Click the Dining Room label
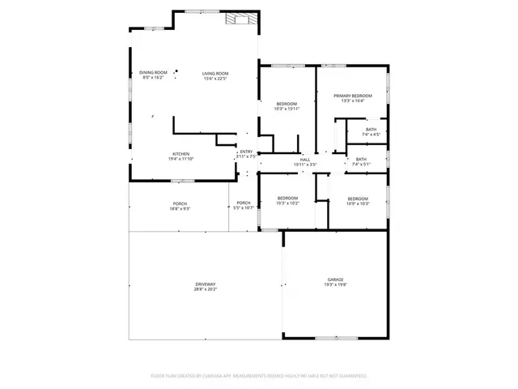click(x=153, y=73)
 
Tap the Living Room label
click(x=215, y=73)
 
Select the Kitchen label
click(x=180, y=154)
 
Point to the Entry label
click(x=246, y=152)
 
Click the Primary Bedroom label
click(x=353, y=96)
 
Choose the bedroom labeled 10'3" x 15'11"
click(x=287, y=104)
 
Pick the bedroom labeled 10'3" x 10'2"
click(x=288, y=199)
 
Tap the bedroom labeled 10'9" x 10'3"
click(x=358, y=199)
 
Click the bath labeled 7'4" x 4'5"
click(x=371, y=129)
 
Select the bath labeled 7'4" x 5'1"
click(x=361, y=159)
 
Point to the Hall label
click(x=305, y=160)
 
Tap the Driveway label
click(x=205, y=284)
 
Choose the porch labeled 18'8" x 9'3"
click(x=180, y=203)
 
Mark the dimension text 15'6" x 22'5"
click(x=215, y=79)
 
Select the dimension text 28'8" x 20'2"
click(x=205, y=289)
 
